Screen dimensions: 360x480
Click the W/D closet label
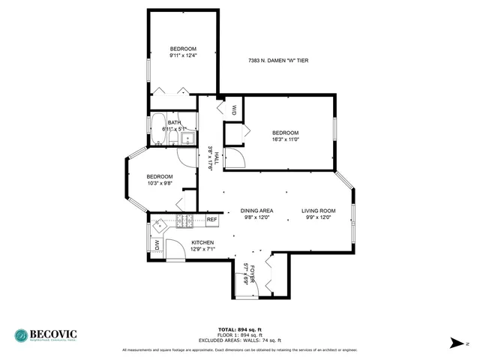[234, 109]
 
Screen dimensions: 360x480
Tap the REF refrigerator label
[211, 220]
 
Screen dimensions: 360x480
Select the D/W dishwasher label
[157, 244]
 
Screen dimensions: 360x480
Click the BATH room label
[174, 123]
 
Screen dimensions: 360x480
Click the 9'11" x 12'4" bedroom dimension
[182, 55]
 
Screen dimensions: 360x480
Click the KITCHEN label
[202, 242]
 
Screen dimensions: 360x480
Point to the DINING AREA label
[256, 211]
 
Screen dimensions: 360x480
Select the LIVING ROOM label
[318, 211]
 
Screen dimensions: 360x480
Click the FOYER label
[253, 272]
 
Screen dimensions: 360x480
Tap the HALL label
[217, 158]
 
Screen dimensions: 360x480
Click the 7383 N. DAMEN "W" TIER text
[277, 61]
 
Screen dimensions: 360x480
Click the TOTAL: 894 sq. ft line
[239, 329]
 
